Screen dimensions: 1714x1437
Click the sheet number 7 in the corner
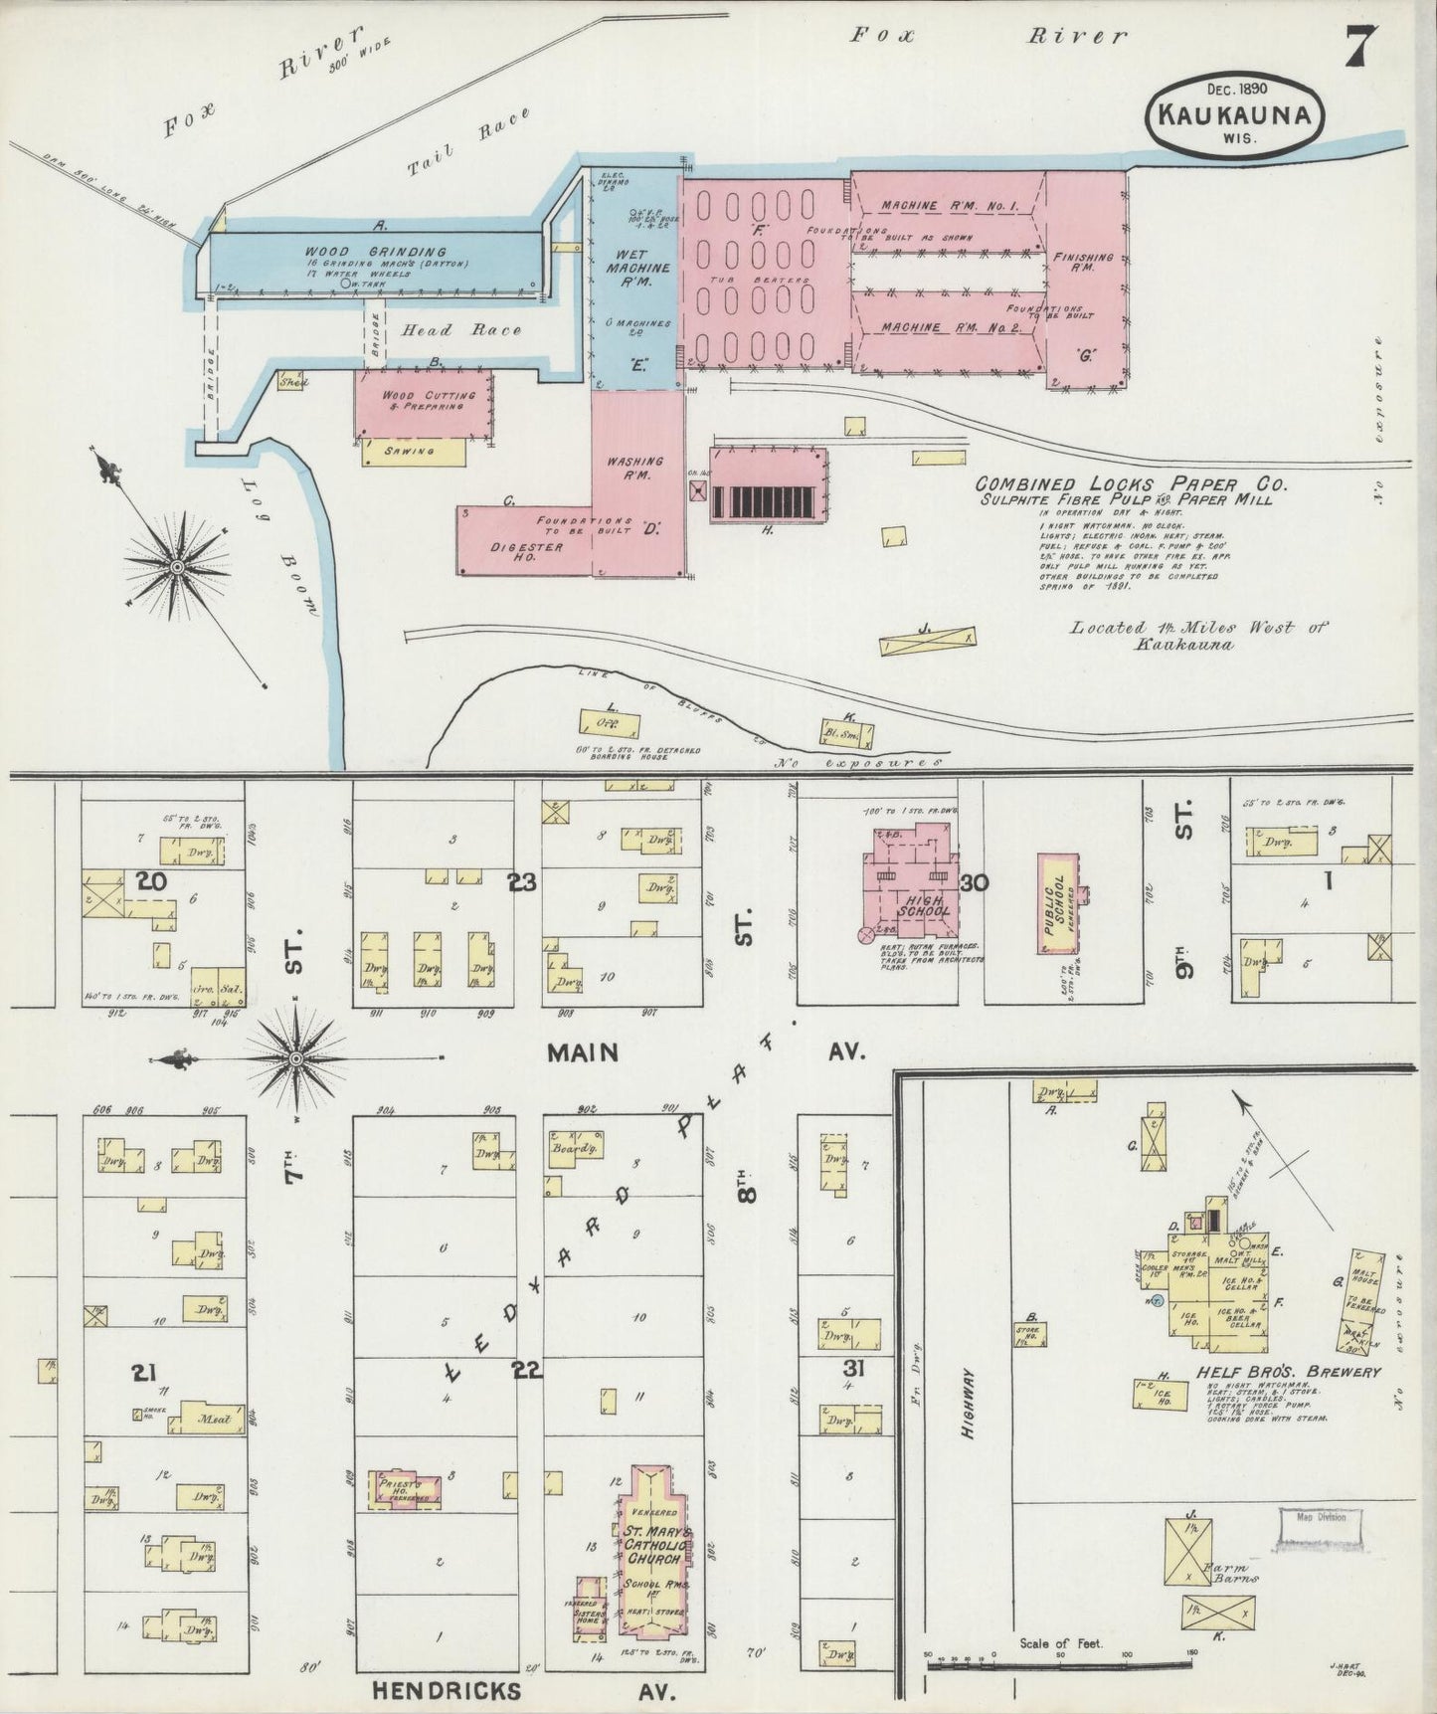click(1360, 46)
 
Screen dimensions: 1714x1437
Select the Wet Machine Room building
click(635, 279)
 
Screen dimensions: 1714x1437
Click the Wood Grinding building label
click(375, 252)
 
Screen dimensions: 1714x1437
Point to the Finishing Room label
click(1082, 262)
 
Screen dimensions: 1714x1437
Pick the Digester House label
click(526, 552)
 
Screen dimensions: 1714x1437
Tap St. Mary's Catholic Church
click(651, 1552)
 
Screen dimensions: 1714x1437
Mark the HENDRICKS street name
click(447, 1690)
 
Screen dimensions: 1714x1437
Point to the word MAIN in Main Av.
click(583, 1052)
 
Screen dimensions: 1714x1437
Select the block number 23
click(522, 881)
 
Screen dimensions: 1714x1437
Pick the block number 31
click(852, 1369)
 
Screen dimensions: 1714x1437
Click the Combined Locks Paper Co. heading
click(1131, 484)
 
